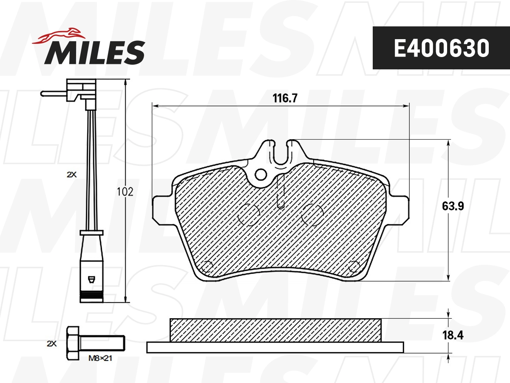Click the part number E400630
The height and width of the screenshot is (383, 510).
point(441,49)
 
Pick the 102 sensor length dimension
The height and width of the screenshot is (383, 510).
point(125,191)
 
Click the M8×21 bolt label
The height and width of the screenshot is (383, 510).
point(99,358)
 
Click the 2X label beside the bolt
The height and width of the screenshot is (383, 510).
point(51,343)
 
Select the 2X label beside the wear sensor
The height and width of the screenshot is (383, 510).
point(71,174)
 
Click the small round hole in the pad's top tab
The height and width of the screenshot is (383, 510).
point(261,174)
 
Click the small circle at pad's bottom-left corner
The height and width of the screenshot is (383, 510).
point(207,266)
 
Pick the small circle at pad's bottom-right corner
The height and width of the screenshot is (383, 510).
point(354,267)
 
